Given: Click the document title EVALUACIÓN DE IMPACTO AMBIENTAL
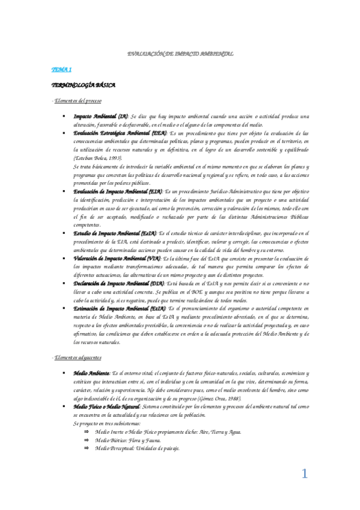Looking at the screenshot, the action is pyautogui.click(x=181, y=54).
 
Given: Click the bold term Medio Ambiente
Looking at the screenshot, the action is pyautogui.click(x=91, y=373).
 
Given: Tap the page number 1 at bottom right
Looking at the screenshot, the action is pyautogui.click(x=305, y=474).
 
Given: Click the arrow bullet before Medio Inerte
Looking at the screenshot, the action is pyautogui.click(x=87, y=432).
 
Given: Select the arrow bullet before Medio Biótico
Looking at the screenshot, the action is pyautogui.click(x=87, y=440).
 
